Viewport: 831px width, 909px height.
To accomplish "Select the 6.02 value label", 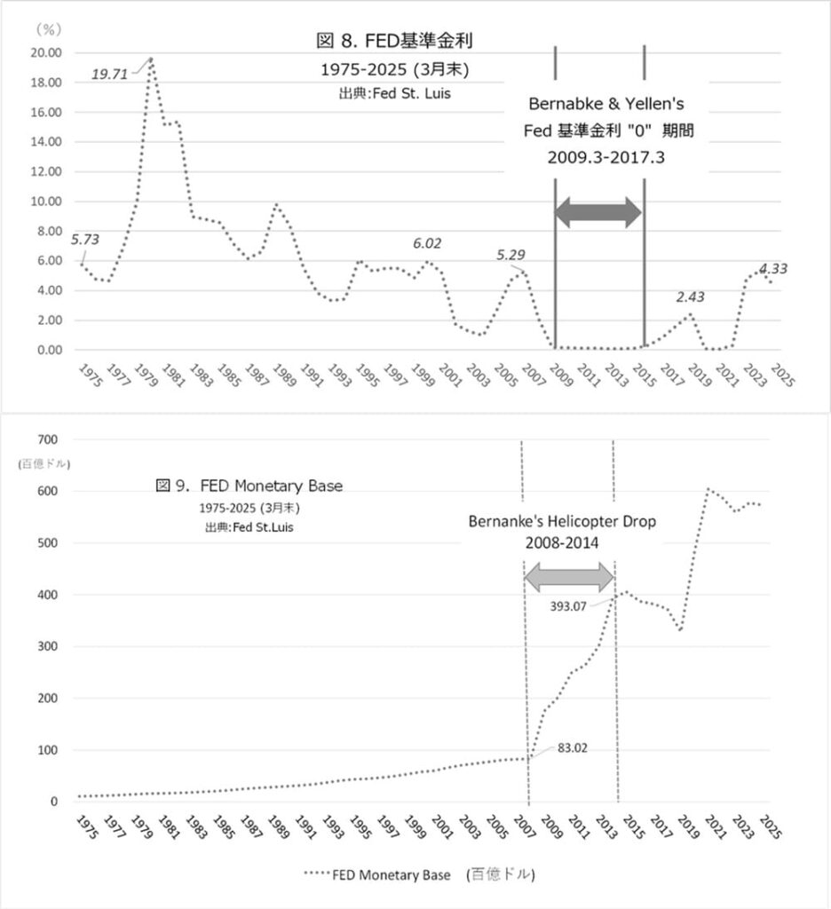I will (x=426, y=242).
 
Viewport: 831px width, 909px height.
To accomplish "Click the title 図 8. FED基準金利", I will (x=399, y=41).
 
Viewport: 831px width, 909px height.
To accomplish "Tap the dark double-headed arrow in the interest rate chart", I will (x=598, y=211).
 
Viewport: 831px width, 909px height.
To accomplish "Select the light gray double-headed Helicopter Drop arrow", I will (x=569, y=578).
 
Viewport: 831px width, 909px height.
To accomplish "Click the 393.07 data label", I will (x=574, y=609).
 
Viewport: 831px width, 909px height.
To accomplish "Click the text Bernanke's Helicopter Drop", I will (x=562, y=521).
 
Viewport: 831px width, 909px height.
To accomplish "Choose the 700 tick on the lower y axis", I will (x=46, y=439).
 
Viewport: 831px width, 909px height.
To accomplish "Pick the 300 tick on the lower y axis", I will (x=46, y=646).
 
